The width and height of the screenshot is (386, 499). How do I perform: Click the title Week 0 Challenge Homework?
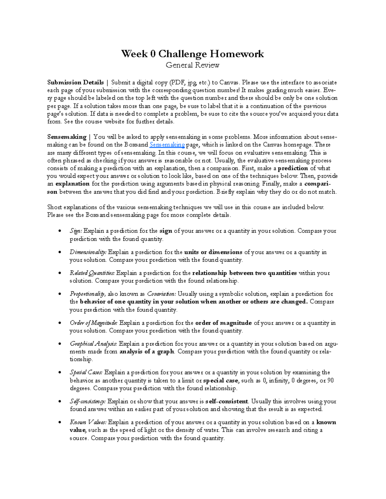192,54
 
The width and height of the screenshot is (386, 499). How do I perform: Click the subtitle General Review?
192,65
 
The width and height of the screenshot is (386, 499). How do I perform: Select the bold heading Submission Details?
75,83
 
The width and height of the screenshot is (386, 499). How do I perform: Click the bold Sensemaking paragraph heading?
67,137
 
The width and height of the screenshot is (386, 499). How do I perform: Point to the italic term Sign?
76,231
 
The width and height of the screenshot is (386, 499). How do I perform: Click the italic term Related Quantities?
92,273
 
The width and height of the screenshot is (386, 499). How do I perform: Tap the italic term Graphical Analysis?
93,344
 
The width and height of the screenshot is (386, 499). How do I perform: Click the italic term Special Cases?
86,372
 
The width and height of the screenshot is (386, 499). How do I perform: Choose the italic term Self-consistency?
87,401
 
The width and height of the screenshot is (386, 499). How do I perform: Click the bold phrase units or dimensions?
213,252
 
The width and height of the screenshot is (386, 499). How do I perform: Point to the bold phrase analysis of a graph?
147,352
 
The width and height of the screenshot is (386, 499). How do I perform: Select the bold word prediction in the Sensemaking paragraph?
293,168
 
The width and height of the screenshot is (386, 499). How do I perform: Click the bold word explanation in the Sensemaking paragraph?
72,184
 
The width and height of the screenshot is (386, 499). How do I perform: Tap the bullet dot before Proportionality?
59,294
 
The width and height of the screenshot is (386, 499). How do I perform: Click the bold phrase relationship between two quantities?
244,273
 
